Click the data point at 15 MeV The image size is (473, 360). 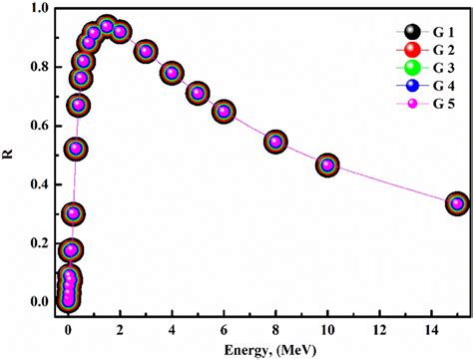point(457,203)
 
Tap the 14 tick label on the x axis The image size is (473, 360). point(430,329)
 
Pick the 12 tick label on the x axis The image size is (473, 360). point(378,329)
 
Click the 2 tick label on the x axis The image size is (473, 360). point(120,329)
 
